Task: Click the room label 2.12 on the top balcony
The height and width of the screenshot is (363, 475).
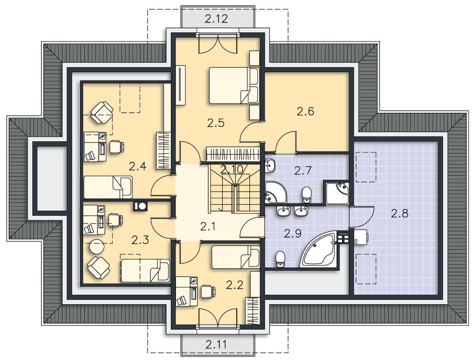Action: [216, 19]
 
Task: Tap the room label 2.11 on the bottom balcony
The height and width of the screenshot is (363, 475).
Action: [216, 344]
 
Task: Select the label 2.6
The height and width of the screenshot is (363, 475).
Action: [305, 111]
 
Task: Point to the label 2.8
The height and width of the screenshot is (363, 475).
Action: [400, 213]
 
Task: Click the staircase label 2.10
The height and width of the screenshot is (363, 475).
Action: [232, 169]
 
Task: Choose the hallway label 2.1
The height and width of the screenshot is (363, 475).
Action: [208, 226]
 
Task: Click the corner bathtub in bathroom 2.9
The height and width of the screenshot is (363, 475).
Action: [318, 250]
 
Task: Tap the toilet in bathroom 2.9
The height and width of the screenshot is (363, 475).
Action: [281, 259]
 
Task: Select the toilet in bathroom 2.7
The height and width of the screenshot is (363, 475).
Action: [307, 195]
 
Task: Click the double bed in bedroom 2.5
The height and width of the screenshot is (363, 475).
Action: [234, 86]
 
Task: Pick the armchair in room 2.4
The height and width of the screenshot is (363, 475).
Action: [102, 113]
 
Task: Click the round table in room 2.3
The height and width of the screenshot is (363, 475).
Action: [97, 246]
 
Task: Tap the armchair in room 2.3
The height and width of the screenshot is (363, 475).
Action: [99, 268]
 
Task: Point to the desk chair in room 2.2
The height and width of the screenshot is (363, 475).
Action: [208, 292]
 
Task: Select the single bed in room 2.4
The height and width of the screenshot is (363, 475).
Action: [108, 187]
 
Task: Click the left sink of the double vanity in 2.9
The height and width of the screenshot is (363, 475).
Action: [283, 211]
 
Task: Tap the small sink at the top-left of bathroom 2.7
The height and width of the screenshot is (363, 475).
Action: [270, 165]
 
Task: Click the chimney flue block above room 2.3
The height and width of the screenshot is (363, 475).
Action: [140, 206]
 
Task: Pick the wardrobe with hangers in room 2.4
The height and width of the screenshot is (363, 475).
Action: [163, 151]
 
